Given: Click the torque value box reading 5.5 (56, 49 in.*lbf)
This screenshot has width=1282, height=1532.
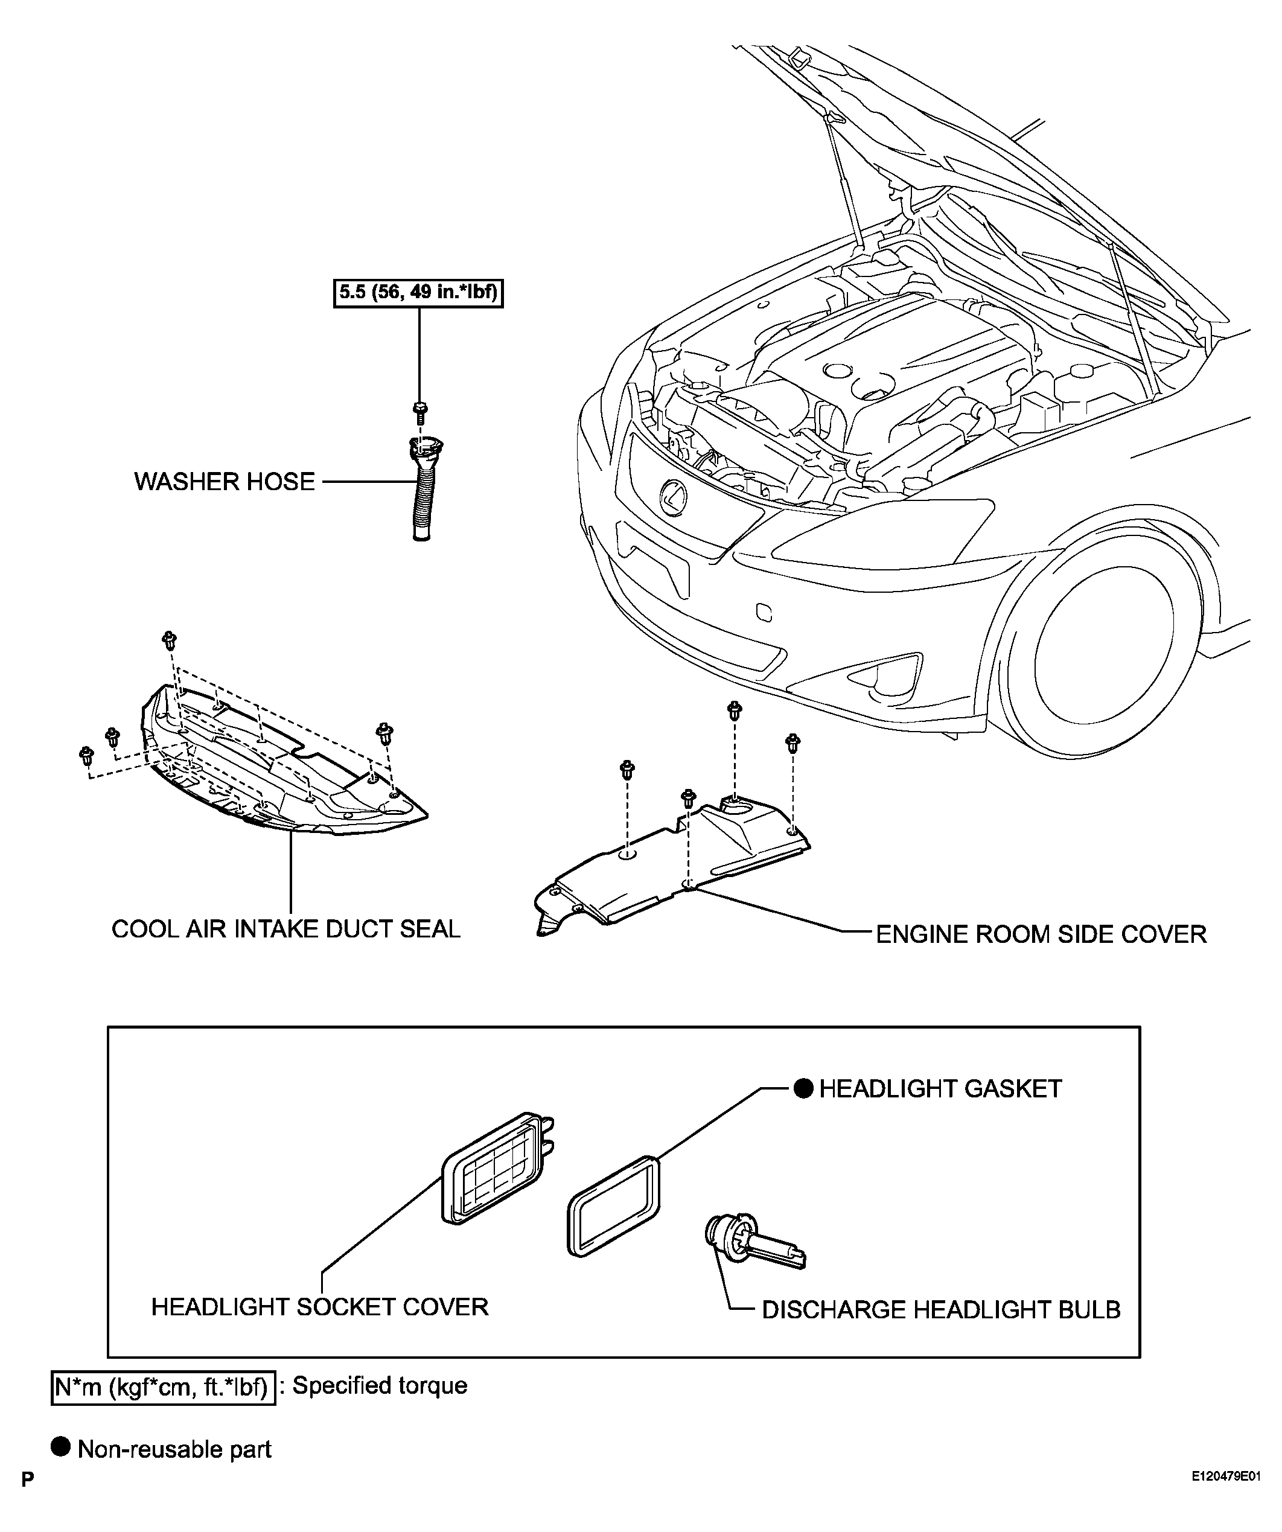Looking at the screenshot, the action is (x=418, y=293).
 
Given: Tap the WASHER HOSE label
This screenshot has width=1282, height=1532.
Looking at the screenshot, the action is (x=225, y=482).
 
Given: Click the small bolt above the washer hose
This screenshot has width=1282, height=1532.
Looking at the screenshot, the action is (x=419, y=413).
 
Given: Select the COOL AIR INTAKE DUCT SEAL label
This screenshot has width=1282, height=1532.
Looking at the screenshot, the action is (x=286, y=929).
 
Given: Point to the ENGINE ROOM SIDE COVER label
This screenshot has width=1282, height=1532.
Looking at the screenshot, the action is (x=1041, y=934).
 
